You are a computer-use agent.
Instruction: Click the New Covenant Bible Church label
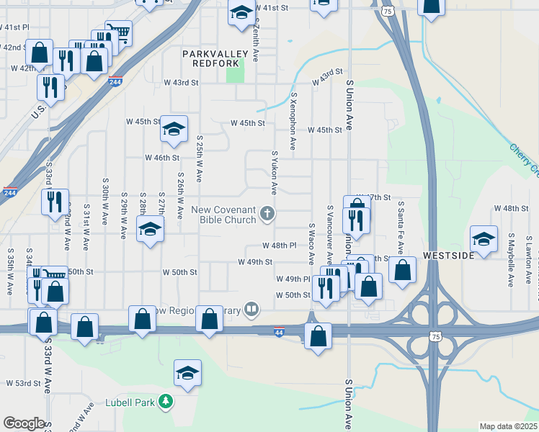(223, 215)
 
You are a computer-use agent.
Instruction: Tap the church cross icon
(267, 212)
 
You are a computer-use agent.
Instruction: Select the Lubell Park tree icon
(166, 400)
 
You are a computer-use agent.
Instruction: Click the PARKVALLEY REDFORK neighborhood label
(215, 58)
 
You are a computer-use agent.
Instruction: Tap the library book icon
(251, 310)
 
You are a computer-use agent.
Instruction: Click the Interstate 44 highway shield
(279, 332)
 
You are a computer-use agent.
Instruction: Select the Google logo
(24, 423)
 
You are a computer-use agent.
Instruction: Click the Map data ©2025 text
(508, 426)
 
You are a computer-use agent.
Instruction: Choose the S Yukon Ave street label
(275, 173)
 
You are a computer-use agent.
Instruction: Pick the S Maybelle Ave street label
(510, 259)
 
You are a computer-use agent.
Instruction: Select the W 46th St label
(161, 157)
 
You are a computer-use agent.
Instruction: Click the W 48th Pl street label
(279, 246)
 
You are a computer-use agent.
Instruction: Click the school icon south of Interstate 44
(187, 373)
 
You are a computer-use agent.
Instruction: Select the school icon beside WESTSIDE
(484, 239)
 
